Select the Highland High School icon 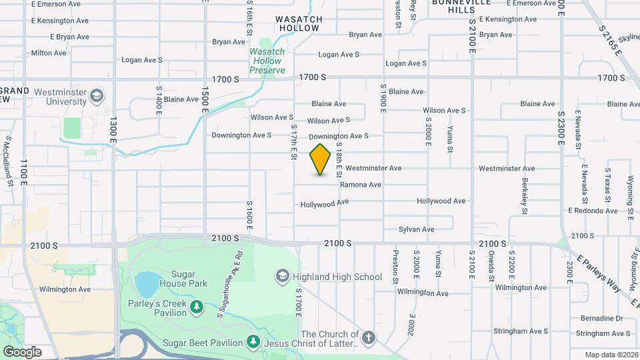coord(283,276)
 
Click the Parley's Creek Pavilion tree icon coord(196,306)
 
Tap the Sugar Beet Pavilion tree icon coord(253,342)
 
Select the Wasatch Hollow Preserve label coord(267,61)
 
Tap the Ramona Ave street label coord(360,185)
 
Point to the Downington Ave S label coord(241,135)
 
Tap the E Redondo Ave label coord(593,211)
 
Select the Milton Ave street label coord(49,53)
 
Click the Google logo coord(22,351)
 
